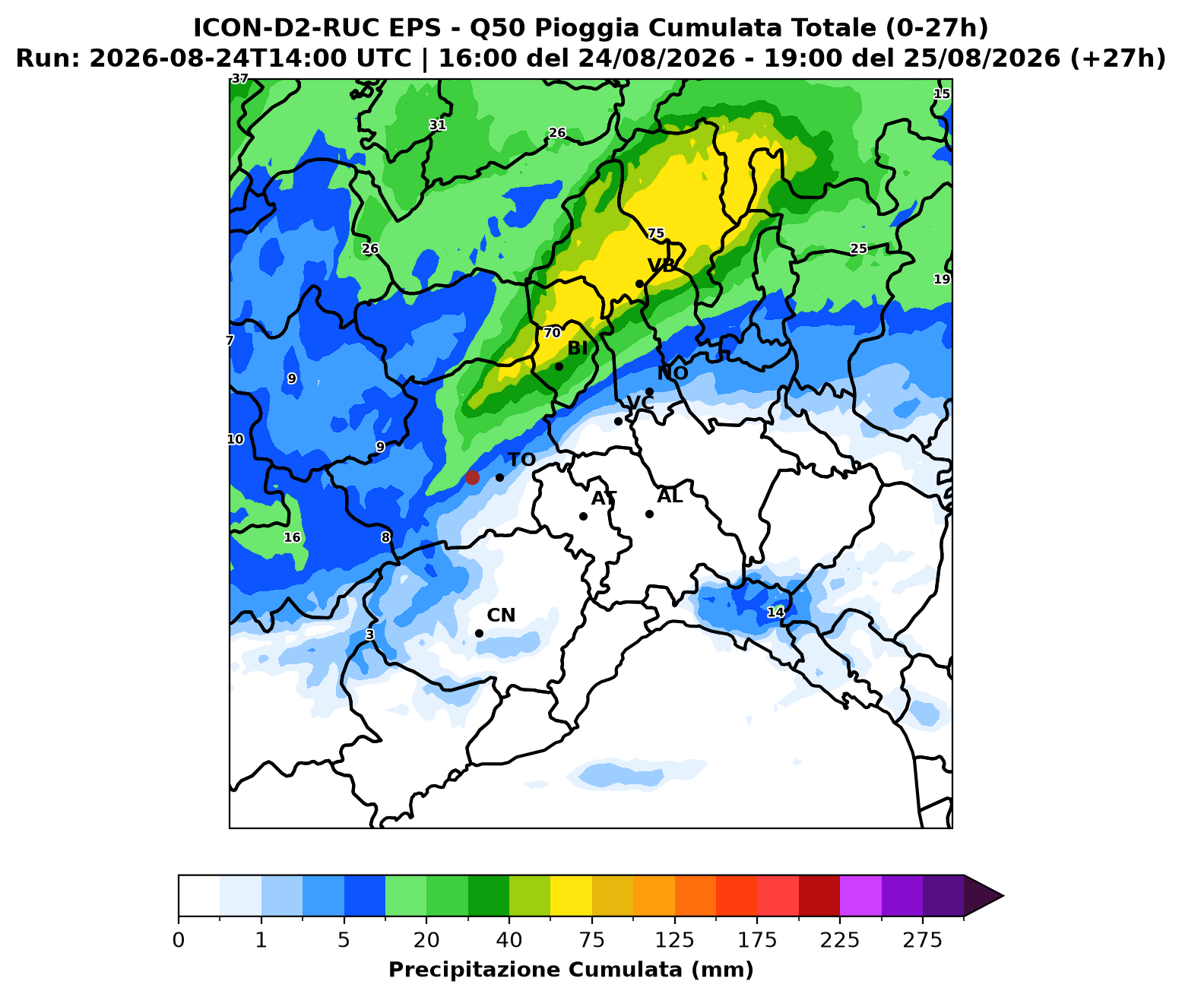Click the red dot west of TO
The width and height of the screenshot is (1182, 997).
[x=472, y=477]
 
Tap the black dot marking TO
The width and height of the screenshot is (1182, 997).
[x=499, y=477]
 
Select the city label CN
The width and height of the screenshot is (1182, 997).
[x=501, y=615]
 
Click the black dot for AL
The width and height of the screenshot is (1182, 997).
[x=649, y=514]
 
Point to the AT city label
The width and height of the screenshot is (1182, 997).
[x=604, y=498]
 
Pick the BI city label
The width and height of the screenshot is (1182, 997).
[x=578, y=348]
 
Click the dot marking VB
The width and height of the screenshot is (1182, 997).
[x=639, y=283]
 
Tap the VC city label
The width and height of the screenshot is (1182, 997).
[x=640, y=403]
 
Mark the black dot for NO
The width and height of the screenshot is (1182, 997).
[x=649, y=391]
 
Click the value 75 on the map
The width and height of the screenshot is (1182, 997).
[x=655, y=233]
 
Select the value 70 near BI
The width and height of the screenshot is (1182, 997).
[x=552, y=333]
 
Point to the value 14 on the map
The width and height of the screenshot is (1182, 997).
[x=775, y=612]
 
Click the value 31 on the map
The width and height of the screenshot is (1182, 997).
[x=437, y=125]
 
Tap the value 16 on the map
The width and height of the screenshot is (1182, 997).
[x=292, y=537]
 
